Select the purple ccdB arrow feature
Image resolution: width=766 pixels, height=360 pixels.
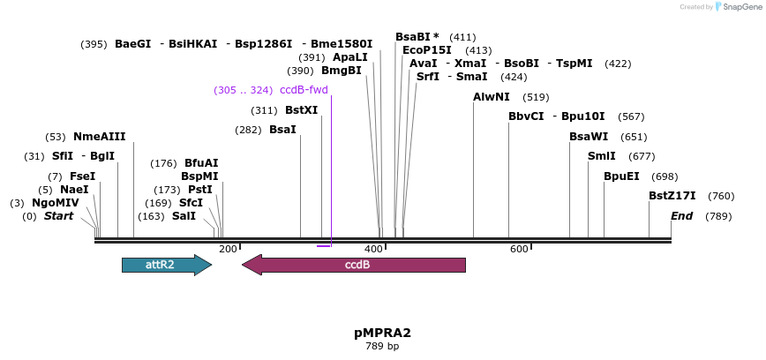pyautogui.click(x=354, y=265)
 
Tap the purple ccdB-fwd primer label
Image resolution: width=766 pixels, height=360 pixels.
pyautogui.click(x=304, y=90)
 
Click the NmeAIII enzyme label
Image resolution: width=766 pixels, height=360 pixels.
pyautogui.click(x=99, y=137)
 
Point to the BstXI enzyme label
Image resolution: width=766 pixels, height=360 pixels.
pyautogui.click(x=301, y=110)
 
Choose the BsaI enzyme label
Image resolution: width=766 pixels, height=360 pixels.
pyautogui.click(x=282, y=130)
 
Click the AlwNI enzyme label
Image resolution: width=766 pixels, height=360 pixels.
pyautogui.click(x=492, y=97)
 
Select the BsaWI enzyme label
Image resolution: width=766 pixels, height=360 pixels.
pyautogui.click(x=589, y=137)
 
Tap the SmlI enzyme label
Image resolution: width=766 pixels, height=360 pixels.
pyautogui.click(x=602, y=156)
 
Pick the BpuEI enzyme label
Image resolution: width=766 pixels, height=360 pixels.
pyautogui.click(x=621, y=176)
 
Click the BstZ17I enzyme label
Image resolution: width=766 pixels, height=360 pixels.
pyautogui.click(x=672, y=196)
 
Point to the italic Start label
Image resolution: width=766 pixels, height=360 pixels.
pyautogui.click(x=58, y=216)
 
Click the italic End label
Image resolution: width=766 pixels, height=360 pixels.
pyautogui.click(x=682, y=216)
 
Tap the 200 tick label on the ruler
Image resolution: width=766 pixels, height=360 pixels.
pyautogui.click(x=228, y=249)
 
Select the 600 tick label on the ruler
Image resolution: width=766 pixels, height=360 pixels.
pyautogui.click(x=519, y=249)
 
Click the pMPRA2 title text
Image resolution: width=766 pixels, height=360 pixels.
pyautogui.click(x=382, y=333)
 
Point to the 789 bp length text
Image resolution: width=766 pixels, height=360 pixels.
pyautogui.click(x=382, y=346)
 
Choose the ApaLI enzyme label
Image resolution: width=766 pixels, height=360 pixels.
pyautogui.click(x=350, y=57)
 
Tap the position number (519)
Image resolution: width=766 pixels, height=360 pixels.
pyautogui.click(x=536, y=97)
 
